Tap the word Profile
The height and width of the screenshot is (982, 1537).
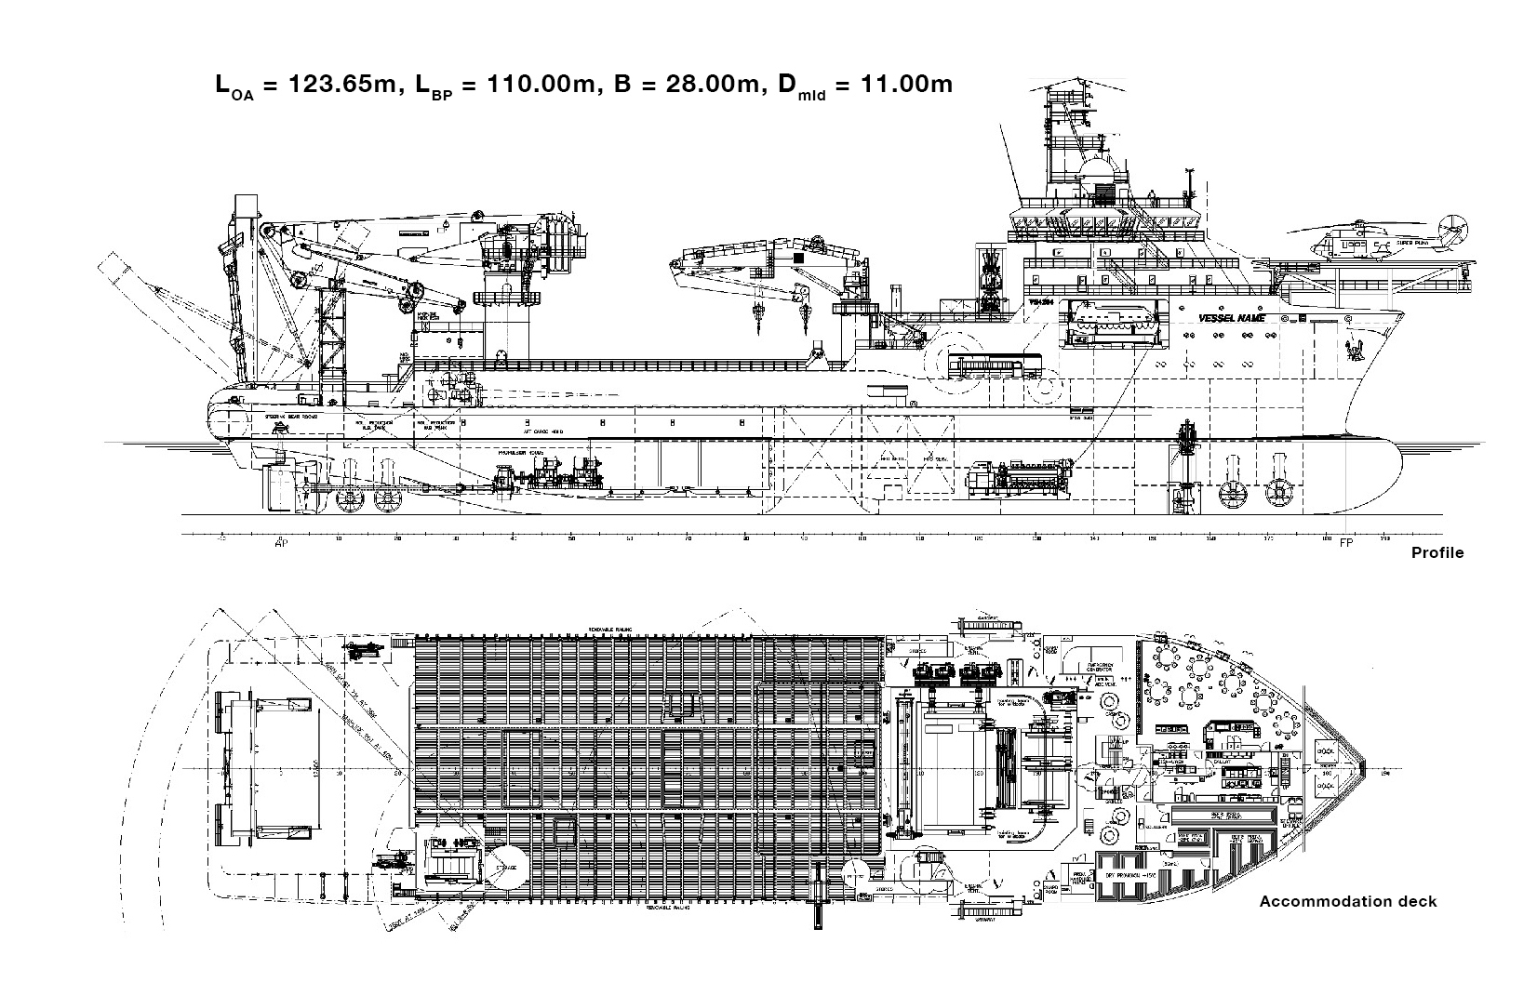(x=1437, y=552)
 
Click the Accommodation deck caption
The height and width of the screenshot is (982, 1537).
(x=1348, y=901)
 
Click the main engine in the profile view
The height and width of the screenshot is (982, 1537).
(x=1023, y=478)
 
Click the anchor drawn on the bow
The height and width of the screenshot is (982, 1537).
(x=1351, y=349)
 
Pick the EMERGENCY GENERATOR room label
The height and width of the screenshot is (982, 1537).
(x=1103, y=664)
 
